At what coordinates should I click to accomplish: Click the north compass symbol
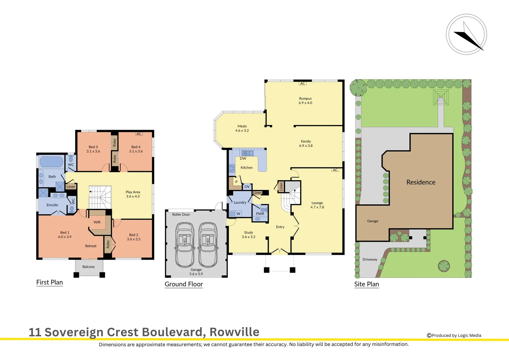coord(466,34)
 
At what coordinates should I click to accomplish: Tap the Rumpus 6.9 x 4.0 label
coord(305,101)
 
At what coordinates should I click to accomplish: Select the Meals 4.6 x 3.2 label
coord(242,128)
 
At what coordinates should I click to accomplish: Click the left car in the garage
coord(185,245)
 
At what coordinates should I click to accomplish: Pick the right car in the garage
coord(208,245)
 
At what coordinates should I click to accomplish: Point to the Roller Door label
coord(181,215)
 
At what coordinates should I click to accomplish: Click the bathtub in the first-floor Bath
coord(51,162)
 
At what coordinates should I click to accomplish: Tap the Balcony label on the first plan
coord(89,267)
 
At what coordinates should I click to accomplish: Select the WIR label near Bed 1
coord(97,222)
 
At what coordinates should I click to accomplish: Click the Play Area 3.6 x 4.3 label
coord(133,194)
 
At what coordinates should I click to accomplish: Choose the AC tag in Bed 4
coord(139,134)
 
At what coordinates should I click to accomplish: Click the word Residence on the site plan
coord(421,182)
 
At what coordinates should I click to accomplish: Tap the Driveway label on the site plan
coord(370,259)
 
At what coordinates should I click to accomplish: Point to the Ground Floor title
coord(184,284)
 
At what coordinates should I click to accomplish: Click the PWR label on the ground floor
coord(260,214)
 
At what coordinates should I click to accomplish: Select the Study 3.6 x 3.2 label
coord(249,235)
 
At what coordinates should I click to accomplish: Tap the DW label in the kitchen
coord(243,159)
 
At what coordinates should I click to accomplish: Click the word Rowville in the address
coord(234,332)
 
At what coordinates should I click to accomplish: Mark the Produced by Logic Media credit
coord(454,335)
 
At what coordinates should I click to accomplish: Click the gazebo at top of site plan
coord(441,97)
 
